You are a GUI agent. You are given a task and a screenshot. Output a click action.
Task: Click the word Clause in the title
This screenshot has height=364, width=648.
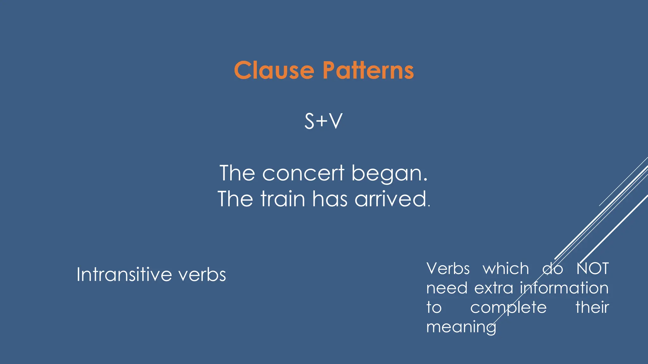pos(274,70)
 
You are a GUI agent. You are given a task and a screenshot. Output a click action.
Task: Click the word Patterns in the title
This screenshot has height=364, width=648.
pos(368,70)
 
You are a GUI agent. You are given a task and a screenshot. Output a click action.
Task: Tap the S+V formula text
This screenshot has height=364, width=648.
pos(323,121)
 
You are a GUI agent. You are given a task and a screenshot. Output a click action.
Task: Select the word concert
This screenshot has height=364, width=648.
pos(303,173)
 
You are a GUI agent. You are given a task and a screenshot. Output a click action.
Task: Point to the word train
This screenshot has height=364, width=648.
pos(283,199)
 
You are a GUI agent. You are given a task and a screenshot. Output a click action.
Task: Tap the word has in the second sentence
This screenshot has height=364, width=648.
pos(330,199)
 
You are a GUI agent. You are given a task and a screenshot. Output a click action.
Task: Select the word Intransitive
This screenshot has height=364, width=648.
pos(124,274)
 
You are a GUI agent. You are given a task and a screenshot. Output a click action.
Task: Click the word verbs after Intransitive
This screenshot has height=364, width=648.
pos(202,274)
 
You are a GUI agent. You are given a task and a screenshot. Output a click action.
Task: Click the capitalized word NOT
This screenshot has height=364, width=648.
pos(592,269)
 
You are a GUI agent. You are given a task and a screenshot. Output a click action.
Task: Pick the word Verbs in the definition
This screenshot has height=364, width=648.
pos(448,269)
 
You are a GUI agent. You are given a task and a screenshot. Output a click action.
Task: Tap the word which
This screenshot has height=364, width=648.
pos(506,269)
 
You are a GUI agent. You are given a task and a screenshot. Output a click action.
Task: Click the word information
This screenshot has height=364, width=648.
pos(564,288)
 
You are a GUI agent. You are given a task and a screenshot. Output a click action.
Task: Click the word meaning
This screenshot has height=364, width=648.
pos(461,327)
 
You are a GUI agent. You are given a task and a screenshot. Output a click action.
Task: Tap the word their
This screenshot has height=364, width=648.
pos(592,307)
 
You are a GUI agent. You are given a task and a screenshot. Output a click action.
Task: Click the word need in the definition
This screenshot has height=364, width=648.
pos(447,288)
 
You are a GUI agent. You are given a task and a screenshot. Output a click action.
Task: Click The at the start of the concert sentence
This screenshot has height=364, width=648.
pos(237,173)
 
